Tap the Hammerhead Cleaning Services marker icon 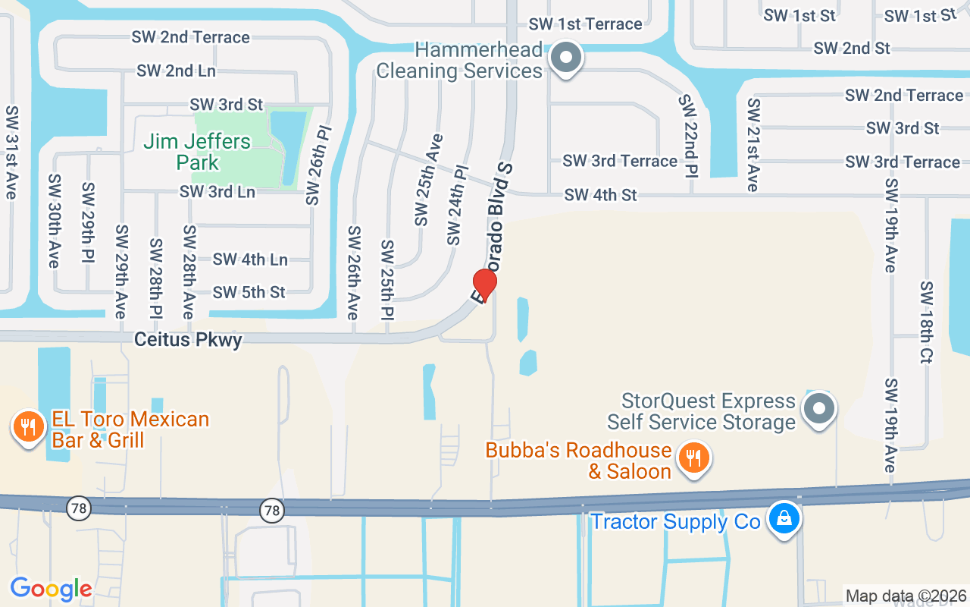(565, 58)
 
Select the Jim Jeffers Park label (197, 152)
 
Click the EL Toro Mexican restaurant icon (28, 427)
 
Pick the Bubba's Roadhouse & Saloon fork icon (693, 458)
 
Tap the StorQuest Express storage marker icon (818, 410)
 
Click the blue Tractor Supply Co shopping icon (784, 519)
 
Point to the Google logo (51, 588)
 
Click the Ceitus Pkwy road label (188, 340)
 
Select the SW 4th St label (600, 195)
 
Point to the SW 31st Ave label (11, 152)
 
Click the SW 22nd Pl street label (688, 134)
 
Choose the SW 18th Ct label (926, 322)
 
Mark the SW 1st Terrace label (586, 24)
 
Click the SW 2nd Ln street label (176, 71)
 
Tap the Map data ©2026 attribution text (906, 596)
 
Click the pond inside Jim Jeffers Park (288, 148)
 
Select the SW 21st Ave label (753, 144)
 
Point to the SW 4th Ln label (250, 259)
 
